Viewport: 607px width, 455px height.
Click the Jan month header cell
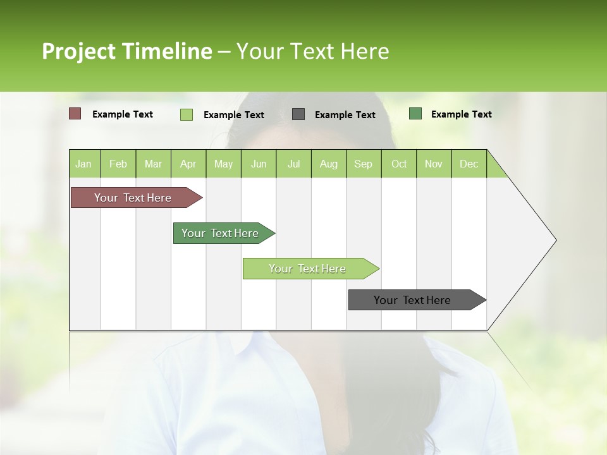(84, 164)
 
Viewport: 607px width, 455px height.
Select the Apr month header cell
(188, 164)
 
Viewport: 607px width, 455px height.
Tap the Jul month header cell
(294, 164)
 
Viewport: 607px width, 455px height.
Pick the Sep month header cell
(364, 164)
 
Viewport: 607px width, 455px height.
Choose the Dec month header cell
(469, 164)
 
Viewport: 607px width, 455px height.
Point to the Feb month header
(118, 164)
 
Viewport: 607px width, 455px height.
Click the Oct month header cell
(399, 164)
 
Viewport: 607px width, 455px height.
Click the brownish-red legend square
(75, 114)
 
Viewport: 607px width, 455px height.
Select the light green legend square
(187, 114)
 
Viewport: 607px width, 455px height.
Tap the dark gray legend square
(298, 114)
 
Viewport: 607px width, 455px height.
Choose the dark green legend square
(415, 114)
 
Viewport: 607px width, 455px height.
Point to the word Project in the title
(78, 51)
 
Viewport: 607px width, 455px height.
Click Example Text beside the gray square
(345, 115)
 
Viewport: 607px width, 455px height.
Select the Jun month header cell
(259, 164)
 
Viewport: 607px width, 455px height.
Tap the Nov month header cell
(434, 164)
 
